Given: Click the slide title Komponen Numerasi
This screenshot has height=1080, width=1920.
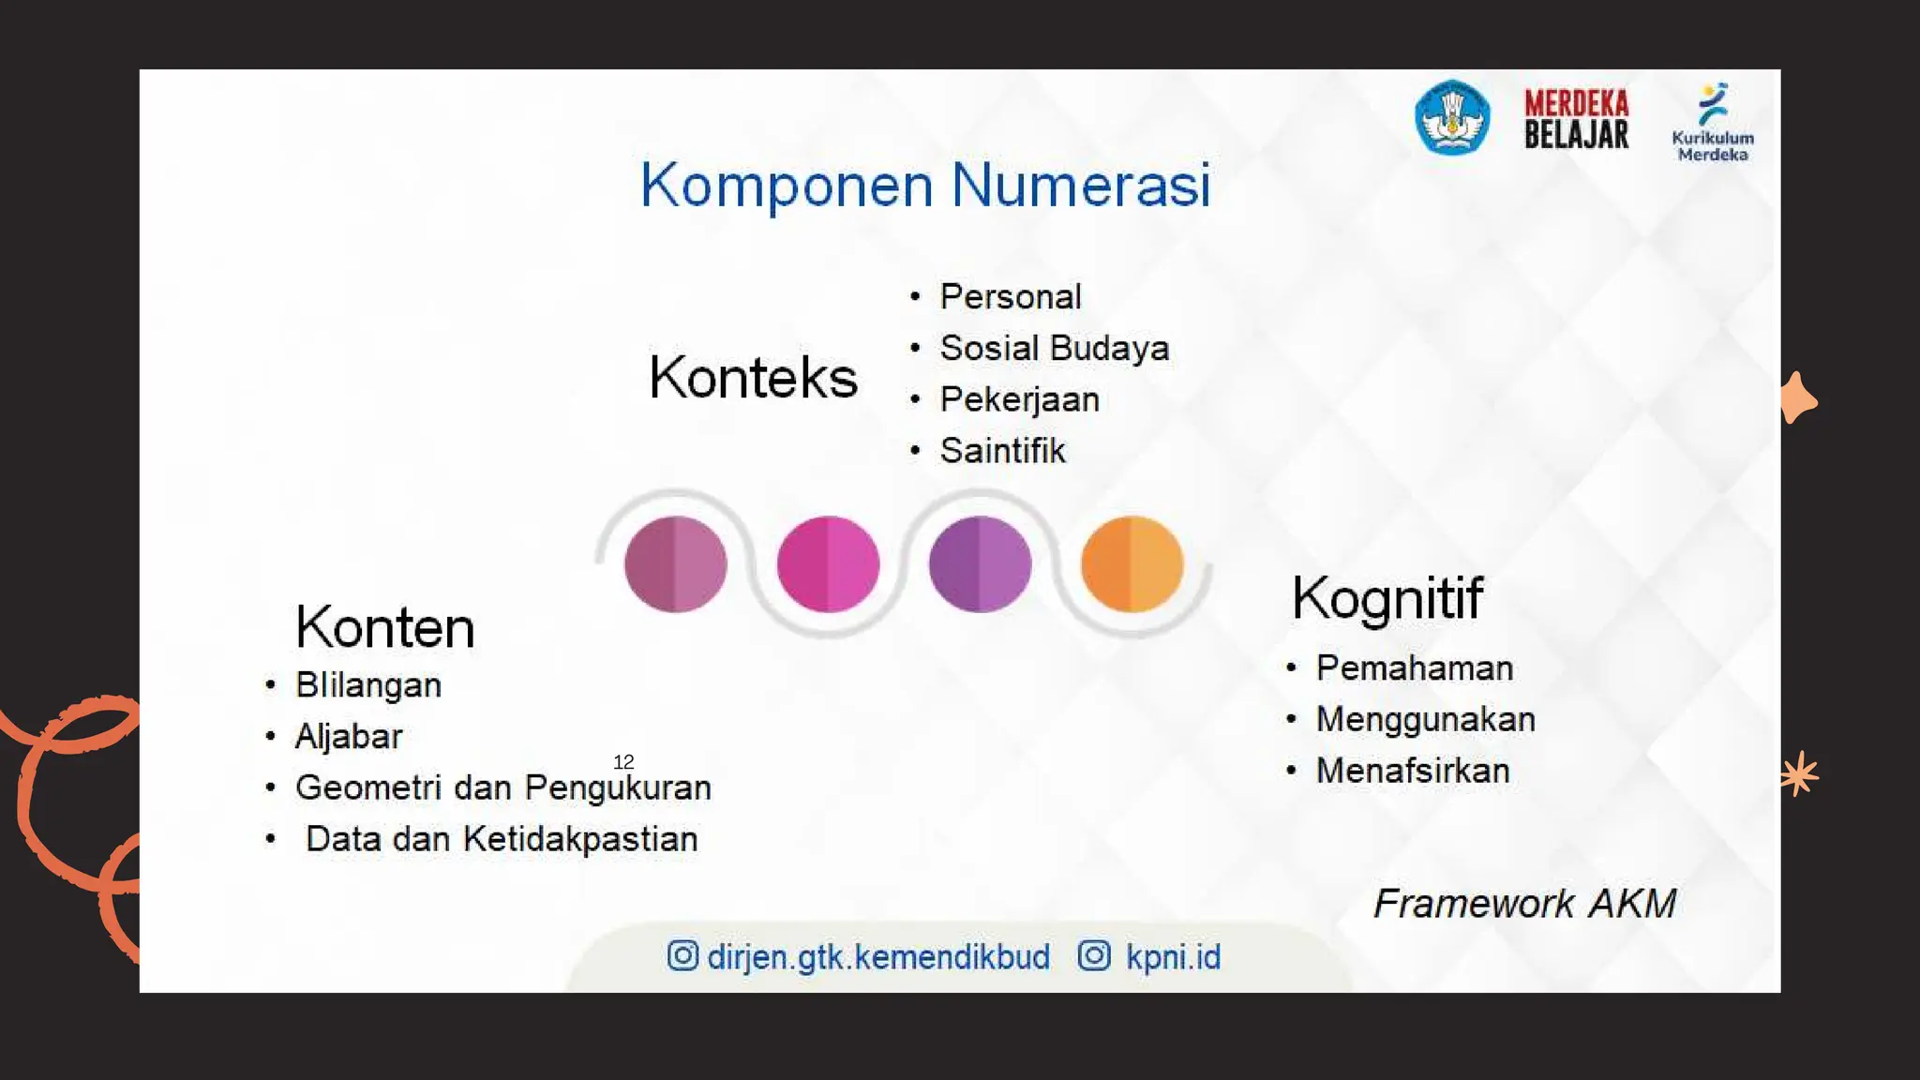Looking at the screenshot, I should [x=925, y=185].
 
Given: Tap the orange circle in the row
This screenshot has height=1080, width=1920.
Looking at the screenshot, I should [x=1132, y=563].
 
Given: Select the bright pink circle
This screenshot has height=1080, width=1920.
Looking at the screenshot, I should [x=828, y=563].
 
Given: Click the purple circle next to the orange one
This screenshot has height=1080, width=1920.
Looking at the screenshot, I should [x=980, y=563].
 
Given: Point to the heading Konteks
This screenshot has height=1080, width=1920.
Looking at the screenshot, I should [x=753, y=378].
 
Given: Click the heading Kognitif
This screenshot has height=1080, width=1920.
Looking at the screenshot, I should [x=1387, y=597].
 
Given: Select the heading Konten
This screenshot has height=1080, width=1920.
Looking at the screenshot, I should [x=384, y=627].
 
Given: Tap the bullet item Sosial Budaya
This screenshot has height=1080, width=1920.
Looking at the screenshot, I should [x=1054, y=348].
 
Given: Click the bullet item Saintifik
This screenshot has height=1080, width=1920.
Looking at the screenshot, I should [x=1002, y=451].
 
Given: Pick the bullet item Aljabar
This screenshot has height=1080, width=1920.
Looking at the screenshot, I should [x=348, y=737].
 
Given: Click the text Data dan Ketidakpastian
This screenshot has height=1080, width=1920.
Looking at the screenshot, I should [x=502, y=839].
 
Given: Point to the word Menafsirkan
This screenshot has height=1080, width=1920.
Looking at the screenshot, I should [x=1413, y=771].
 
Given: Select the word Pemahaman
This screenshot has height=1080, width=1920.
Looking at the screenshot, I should [x=1414, y=668].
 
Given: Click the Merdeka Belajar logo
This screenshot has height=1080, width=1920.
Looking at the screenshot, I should [x=1576, y=119].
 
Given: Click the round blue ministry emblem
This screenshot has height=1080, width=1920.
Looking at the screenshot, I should [x=1451, y=118].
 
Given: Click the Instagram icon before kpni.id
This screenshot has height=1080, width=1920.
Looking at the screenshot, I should [x=1094, y=956].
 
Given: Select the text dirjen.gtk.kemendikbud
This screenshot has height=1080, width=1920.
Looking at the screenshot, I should [x=878, y=957].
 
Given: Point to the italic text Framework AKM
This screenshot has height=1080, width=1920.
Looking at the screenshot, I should [x=1524, y=904].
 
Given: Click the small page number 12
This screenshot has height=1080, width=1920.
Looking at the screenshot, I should [x=623, y=762].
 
